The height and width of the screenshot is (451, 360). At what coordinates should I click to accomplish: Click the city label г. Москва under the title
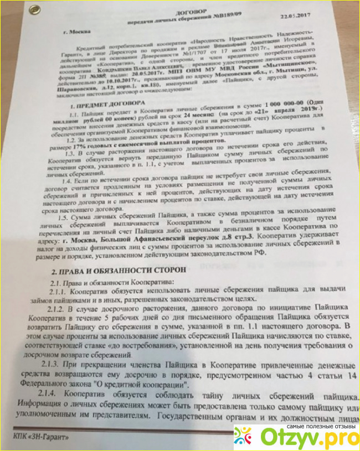point(76,32)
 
